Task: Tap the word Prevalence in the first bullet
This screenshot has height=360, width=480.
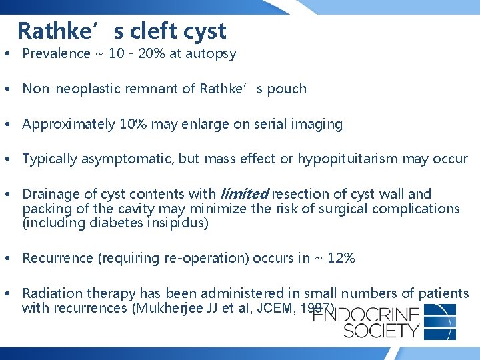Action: [x=56, y=53]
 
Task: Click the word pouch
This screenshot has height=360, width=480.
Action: [x=287, y=89]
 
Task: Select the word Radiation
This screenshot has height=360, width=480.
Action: [x=51, y=293]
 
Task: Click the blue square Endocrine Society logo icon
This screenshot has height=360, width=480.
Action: [x=440, y=322]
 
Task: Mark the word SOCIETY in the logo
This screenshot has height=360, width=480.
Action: [x=367, y=330]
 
